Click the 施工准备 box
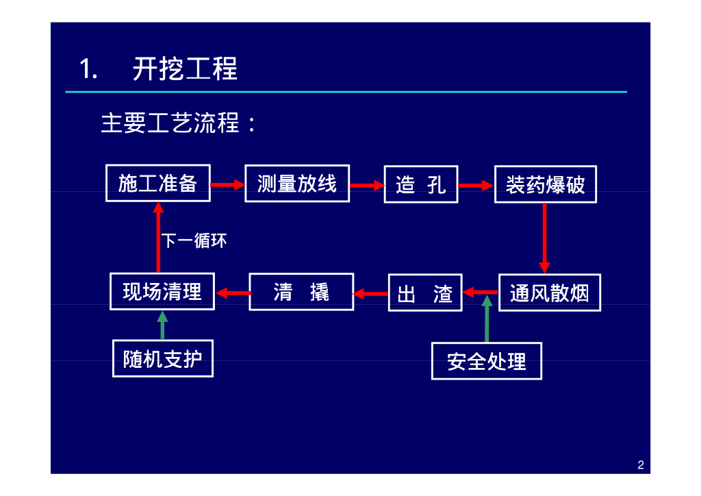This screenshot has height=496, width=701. tap(158, 184)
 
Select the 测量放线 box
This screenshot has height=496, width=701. tap(297, 184)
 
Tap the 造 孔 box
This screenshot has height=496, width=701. tap(421, 184)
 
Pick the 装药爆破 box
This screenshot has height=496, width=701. tap(546, 184)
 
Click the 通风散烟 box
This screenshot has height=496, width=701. tap(550, 293)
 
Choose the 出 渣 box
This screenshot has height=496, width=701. tap(425, 293)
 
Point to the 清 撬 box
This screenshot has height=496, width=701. tap(301, 292)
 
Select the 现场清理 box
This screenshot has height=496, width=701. tap(162, 292)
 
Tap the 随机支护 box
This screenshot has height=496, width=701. tap(163, 359)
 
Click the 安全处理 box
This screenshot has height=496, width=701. tap(487, 361)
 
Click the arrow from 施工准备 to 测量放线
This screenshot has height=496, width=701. tap(227, 184)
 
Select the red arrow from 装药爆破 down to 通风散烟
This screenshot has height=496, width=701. tap(544, 238)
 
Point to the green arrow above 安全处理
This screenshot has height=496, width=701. tap(487, 319)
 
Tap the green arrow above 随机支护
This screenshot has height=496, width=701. tap(162, 325)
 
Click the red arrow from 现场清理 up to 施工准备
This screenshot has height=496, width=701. tap(158, 237)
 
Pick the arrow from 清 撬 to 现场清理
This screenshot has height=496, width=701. tap(233, 293)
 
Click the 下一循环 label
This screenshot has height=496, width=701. tap(194, 240)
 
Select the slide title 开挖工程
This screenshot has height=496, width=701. tap(185, 69)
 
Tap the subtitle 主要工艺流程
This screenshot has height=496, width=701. tap(170, 123)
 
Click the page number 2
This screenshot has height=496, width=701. tap(641, 465)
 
